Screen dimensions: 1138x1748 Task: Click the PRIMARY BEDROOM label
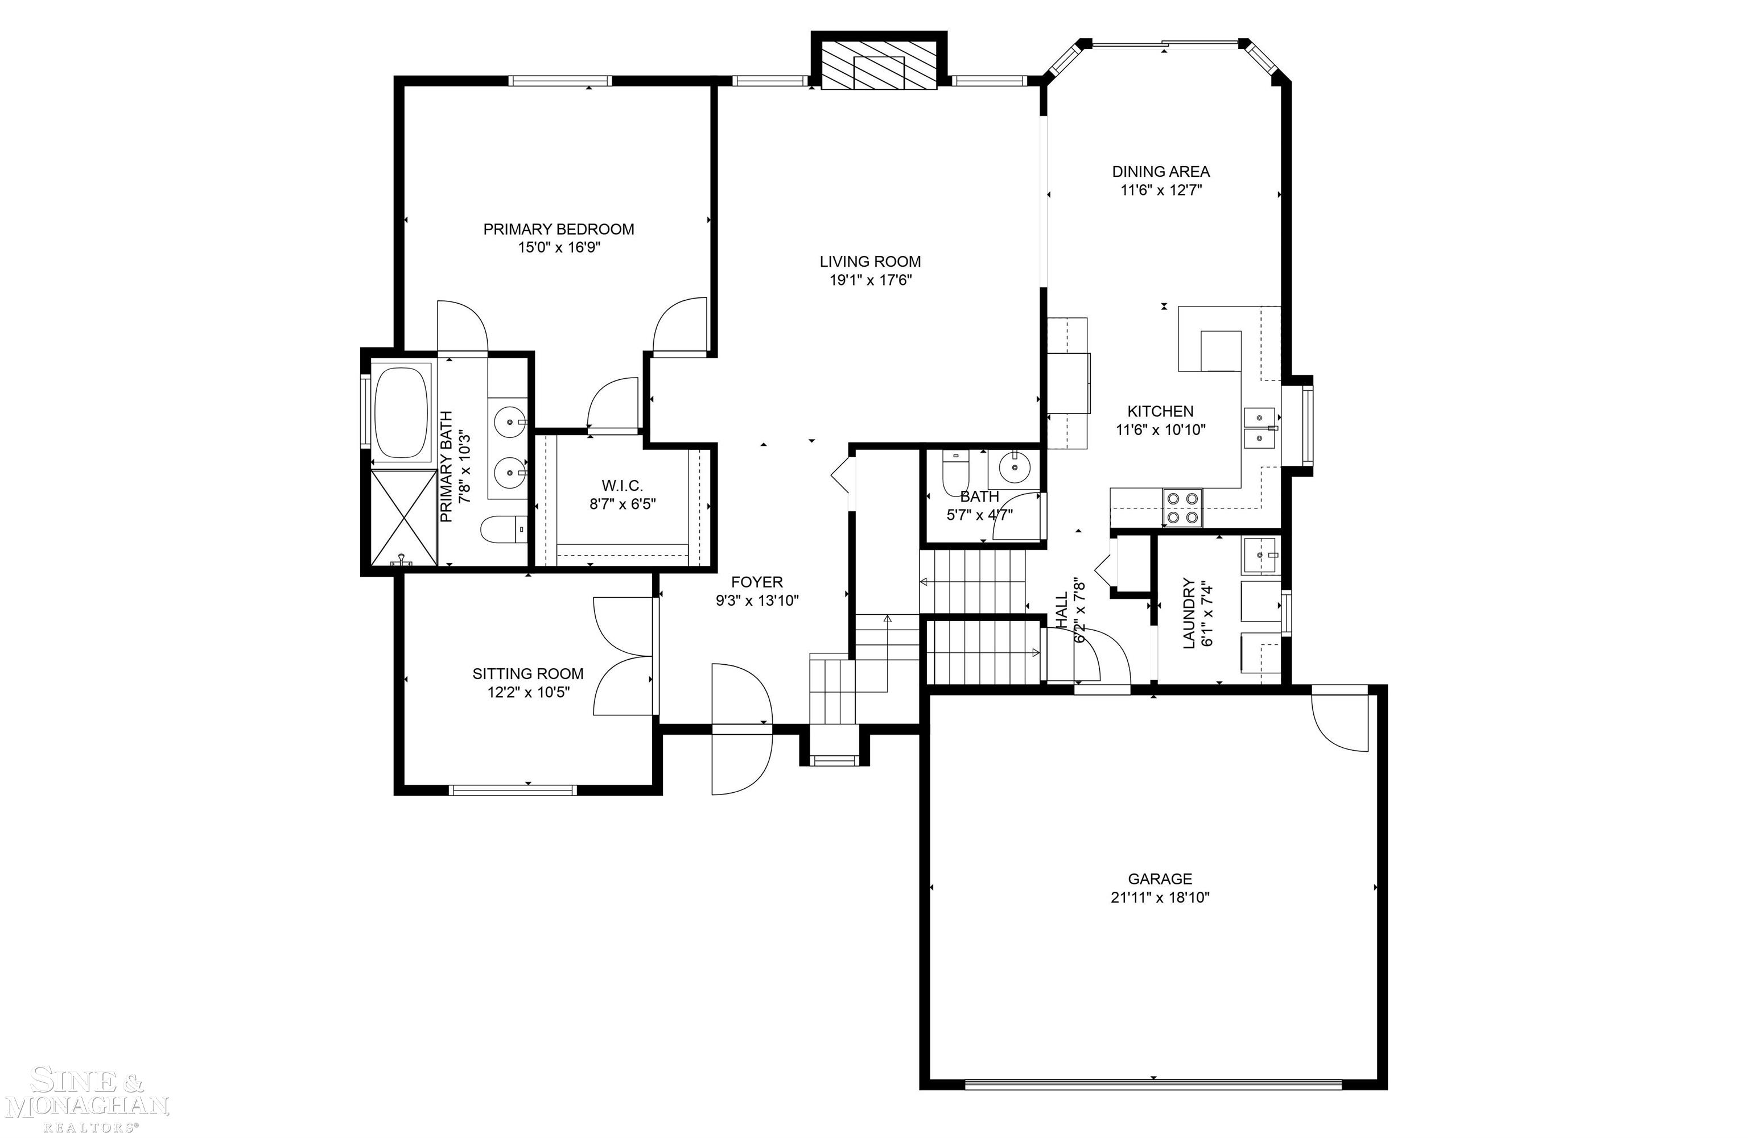558,229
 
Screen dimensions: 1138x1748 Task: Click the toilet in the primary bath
504,529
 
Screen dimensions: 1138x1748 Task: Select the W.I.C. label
622,485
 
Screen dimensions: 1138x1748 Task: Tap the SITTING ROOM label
527,673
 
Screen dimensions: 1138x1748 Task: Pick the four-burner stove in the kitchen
1182,507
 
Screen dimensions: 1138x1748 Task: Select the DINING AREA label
1160,171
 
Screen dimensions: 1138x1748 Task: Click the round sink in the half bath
1015,466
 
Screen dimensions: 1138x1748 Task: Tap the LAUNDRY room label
1188,613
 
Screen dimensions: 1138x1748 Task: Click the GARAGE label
1160,878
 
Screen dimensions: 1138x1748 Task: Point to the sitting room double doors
623,656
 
